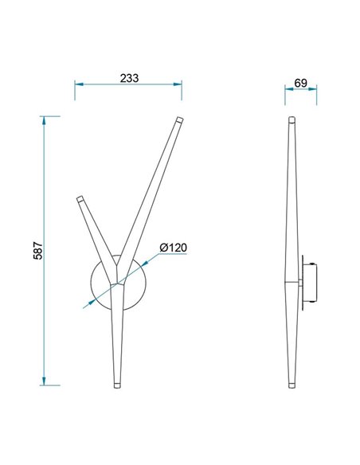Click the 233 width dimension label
click(x=128, y=77)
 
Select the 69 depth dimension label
click(x=300, y=82)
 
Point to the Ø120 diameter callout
click(x=172, y=248)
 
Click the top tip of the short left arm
click(x=80, y=198)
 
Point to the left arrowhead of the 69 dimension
click(x=288, y=90)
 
